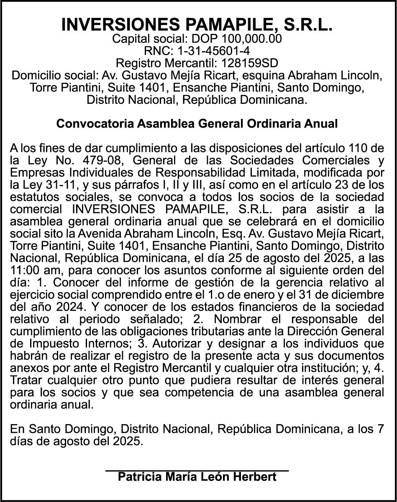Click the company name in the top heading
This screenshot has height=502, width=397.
coord(197,25)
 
